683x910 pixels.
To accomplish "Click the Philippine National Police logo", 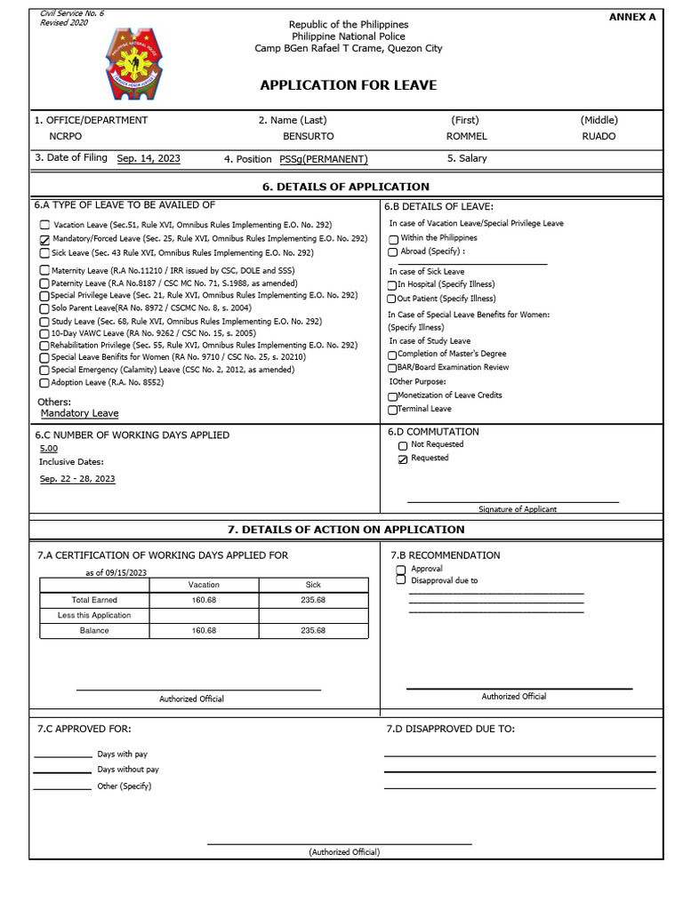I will [135, 64].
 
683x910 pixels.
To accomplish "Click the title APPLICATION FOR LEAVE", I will [348, 85].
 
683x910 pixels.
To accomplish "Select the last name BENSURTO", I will [308, 137].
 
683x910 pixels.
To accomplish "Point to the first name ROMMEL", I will [466, 137].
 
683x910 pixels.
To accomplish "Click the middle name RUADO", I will [599, 137].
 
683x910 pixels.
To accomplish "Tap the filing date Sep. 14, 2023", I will [149, 158].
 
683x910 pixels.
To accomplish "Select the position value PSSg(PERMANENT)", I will [310, 159].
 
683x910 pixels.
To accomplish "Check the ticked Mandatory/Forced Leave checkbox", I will [44, 240].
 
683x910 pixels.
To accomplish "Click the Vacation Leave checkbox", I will [44, 227].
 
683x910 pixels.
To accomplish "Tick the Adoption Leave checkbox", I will [44, 383].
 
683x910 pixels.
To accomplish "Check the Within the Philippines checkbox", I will [393, 239].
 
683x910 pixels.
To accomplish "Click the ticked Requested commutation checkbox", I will [403, 459].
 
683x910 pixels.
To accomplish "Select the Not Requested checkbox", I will [403, 445].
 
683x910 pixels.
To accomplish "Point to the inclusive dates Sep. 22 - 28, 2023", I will [77, 479].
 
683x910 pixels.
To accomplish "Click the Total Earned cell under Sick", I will [313, 601].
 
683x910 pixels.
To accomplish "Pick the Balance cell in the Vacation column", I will [204, 631].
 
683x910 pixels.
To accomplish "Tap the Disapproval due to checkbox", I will [400, 580].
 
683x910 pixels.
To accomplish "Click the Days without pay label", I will [128, 770].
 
